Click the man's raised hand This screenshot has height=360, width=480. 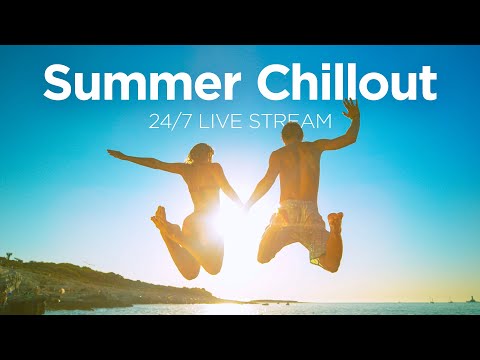(x=350, y=108)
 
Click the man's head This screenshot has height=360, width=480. (x=292, y=133)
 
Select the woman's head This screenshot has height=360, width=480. (x=199, y=156)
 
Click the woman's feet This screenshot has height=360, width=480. (x=160, y=218)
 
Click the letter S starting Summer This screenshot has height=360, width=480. (x=59, y=83)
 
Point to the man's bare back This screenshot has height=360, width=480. (x=298, y=170)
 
